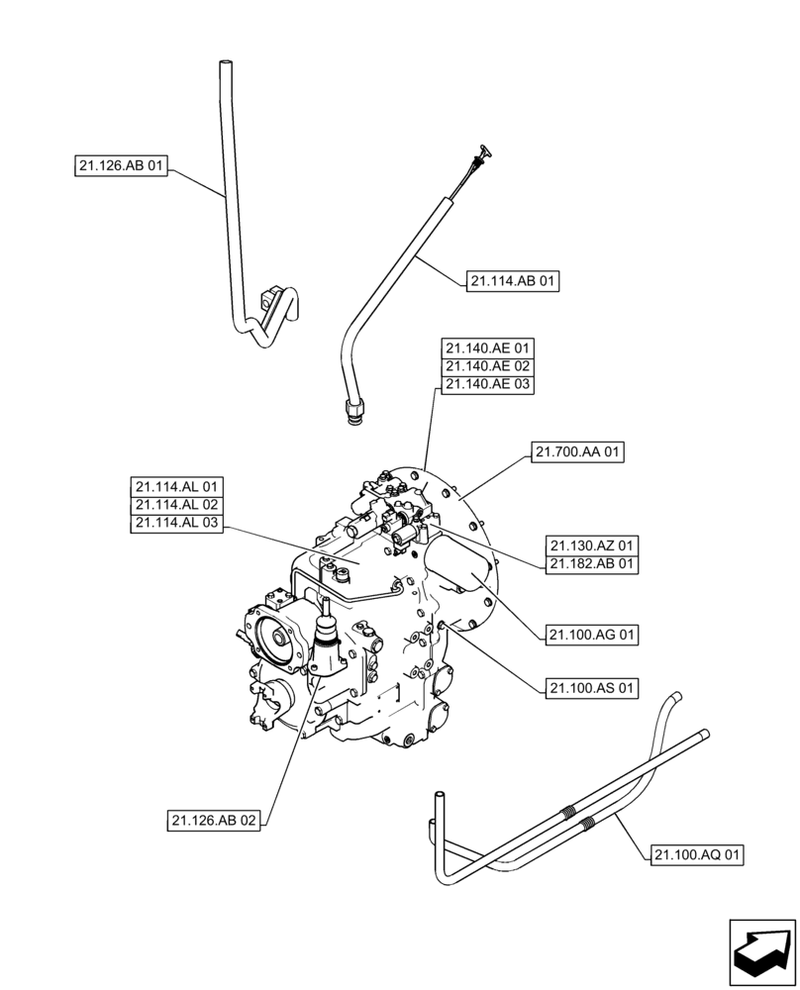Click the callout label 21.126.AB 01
tap(121, 167)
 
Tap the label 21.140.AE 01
tap(487, 348)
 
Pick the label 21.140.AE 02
tap(487, 366)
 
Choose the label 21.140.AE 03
tap(487, 384)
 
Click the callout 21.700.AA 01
tap(579, 453)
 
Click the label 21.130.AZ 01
tap(592, 545)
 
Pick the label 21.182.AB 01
tap(592, 564)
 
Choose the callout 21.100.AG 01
tap(592, 635)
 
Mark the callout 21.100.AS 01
tap(592, 687)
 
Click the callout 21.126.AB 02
tap(215, 821)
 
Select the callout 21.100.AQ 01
tap(698, 853)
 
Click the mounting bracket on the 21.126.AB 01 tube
tap(268, 297)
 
